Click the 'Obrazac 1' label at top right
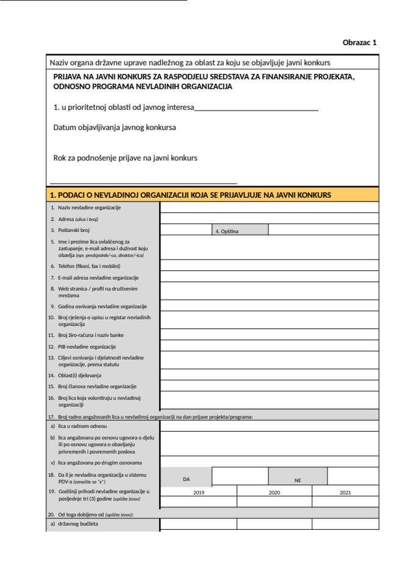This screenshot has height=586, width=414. point(360,43)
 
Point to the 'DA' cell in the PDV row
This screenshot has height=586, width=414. point(186,480)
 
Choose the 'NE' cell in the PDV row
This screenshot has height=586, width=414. point(298,480)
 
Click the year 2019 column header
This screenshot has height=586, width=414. point(199,492)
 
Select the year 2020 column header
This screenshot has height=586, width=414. point(274,492)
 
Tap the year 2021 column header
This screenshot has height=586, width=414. point(345,492)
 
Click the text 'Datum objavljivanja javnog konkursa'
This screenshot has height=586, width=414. point(115,128)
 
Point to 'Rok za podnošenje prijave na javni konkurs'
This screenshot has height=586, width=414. point(126,157)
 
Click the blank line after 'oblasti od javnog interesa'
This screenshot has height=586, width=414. point(256,108)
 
